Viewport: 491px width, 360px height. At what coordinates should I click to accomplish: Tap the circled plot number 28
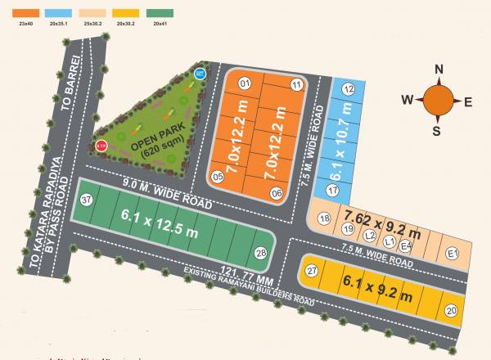tap(261, 253)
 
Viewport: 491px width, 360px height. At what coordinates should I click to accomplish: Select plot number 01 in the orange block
tap(243, 84)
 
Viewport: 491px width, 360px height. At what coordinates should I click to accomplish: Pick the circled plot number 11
tap(297, 85)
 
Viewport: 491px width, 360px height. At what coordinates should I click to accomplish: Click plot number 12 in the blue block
tap(349, 89)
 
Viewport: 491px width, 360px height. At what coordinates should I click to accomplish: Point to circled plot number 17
tap(332, 190)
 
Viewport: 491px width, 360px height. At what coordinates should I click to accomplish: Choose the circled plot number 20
tap(451, 311)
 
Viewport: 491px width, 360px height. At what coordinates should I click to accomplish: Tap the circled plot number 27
tap(311, 271)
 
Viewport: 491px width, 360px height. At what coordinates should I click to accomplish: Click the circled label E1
tap(453, 254)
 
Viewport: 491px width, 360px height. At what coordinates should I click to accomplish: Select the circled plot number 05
tap(218, 176)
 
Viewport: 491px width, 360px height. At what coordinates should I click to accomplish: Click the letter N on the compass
tap(439, 69)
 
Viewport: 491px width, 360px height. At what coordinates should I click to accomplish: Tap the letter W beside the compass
tap(408, 100)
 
